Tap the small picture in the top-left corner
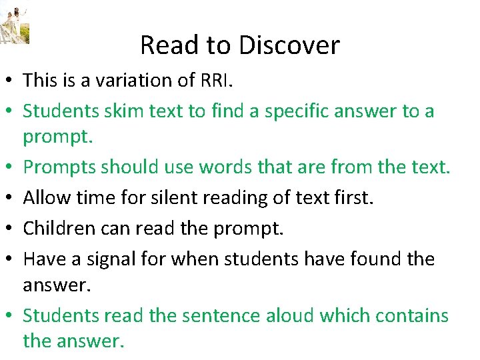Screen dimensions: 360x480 tap(15, 24)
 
